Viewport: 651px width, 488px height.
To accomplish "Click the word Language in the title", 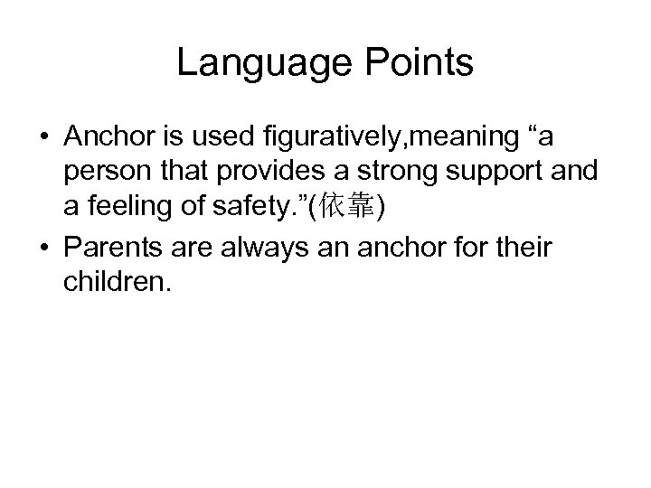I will point(257,62).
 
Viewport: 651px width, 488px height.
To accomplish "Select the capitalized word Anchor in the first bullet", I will point(108,139).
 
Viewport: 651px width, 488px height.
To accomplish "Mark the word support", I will point(476,173).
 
